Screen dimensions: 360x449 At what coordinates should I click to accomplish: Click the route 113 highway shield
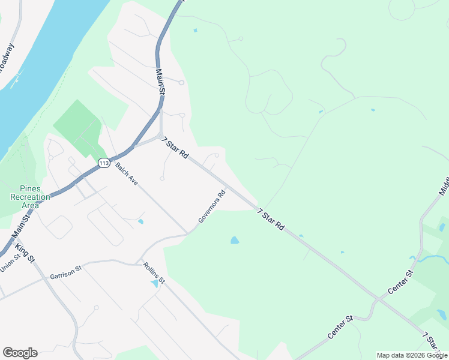pos(104,163)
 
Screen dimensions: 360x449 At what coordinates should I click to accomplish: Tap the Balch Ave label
pos(127,174)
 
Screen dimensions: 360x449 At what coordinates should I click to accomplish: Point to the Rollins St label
pos(154,273)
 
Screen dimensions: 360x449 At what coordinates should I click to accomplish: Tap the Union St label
pos(10,263)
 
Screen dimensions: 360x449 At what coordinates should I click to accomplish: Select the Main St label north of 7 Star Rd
pos(160,82)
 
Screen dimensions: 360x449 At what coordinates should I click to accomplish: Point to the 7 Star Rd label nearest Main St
pos(175,148)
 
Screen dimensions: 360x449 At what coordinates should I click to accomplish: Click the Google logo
pos(20,353)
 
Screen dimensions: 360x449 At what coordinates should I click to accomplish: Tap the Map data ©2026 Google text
pos(412,355)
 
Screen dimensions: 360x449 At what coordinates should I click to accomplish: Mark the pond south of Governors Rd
pos(235,241)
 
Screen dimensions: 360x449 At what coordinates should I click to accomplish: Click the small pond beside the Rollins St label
pos(155,283)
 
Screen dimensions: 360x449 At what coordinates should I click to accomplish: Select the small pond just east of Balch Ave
pos(140,221)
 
